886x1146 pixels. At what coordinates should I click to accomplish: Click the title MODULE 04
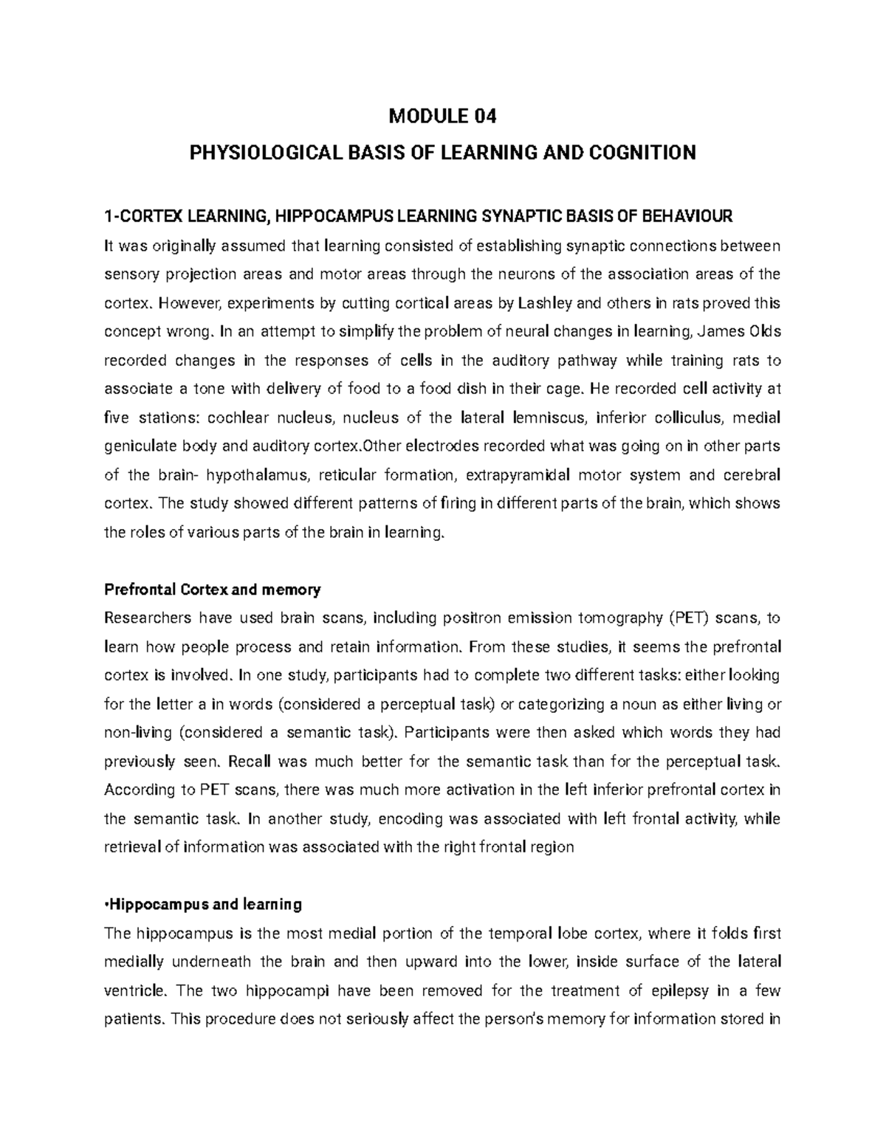point(443,117)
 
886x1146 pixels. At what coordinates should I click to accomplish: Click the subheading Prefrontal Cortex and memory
point(213,590)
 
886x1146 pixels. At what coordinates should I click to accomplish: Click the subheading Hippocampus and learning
point(205,905)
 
